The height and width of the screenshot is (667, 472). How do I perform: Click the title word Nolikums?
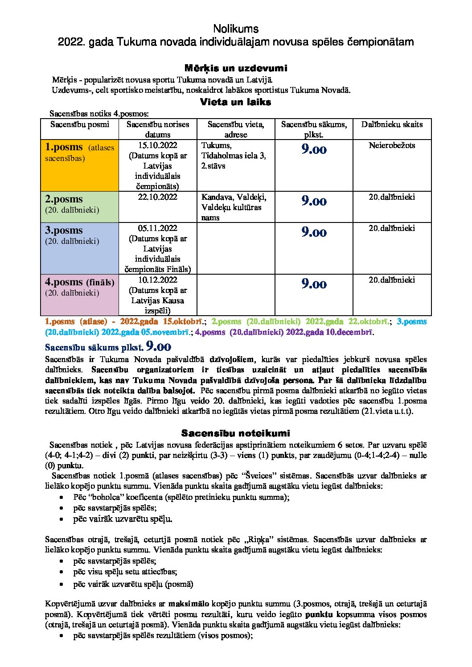(236, 29)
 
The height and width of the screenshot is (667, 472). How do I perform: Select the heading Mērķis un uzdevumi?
(236, 68)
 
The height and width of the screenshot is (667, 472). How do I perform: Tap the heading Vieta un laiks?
(236, 102)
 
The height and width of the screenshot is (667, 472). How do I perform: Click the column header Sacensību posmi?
(79, 124)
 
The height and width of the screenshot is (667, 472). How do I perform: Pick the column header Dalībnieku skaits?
(392, 124)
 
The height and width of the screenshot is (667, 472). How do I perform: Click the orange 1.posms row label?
(64, 147)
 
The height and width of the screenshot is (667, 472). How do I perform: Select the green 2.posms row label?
(64, 199)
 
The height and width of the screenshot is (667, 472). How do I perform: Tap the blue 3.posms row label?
(64, 230)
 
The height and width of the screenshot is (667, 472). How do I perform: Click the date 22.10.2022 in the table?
(157, 197)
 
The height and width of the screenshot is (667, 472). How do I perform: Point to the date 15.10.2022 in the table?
(157, 145)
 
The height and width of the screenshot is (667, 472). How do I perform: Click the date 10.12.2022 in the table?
(157, 280)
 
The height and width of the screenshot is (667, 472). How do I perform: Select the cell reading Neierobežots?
(392, 145)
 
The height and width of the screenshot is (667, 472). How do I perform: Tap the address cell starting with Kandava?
(234, 207)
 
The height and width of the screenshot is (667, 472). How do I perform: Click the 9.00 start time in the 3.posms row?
(314, 232)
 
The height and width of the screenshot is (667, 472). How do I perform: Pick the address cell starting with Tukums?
(234, 156)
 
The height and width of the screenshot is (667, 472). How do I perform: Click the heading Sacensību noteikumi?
(236, 433)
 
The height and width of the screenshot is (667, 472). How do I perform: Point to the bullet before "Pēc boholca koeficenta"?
(62, 497)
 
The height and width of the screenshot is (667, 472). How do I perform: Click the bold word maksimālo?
(189, 604)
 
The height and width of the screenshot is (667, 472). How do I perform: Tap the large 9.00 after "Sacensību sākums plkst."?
(158, 346)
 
